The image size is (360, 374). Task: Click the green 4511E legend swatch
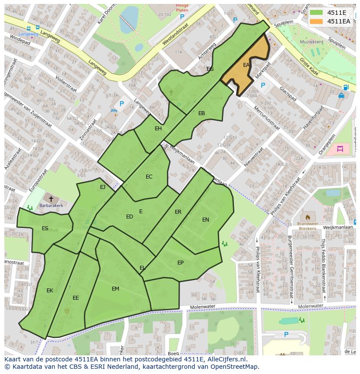(317, 13)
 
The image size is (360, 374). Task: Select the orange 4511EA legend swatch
(317, 21)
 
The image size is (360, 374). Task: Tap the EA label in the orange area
(246, 65)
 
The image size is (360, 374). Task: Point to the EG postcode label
(210, 69)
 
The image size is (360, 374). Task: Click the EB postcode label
(201, 113)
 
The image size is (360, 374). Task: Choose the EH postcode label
(158, 129)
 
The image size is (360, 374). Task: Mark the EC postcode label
(149, 177)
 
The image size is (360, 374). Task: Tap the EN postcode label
(206, 220)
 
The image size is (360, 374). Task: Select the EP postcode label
(180, 263)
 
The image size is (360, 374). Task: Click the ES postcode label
(45, 228)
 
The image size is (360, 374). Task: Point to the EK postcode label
(50, 291)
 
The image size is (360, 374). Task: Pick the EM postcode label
(115, 289)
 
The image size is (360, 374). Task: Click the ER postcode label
(178, 212)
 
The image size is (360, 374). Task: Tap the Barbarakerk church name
(51, 206)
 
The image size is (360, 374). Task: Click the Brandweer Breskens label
(308, 226)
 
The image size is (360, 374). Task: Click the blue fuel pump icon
(346, 87)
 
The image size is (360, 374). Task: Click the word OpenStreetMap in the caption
(230, 366)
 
